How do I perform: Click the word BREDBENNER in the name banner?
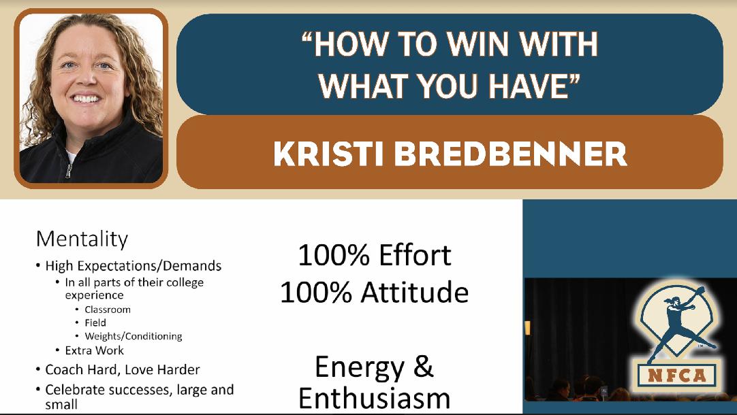tap(510, 154)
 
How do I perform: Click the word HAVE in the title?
tap(529, 86)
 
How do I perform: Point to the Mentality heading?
tap(82, 239)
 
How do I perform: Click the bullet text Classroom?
tap(108, 310)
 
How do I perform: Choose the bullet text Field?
tap(95, 322)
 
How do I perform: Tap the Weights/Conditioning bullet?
tap(134, 336)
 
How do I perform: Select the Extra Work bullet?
tap(95, 350)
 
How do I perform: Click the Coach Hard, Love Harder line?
tap(123, 370)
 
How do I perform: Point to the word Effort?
tap(415, 255)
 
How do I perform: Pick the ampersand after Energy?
tap(424, 367)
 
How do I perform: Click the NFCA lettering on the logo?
tap(677, 376)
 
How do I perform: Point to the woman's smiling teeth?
tap(87, 99)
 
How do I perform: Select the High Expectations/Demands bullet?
tap(134, 266)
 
